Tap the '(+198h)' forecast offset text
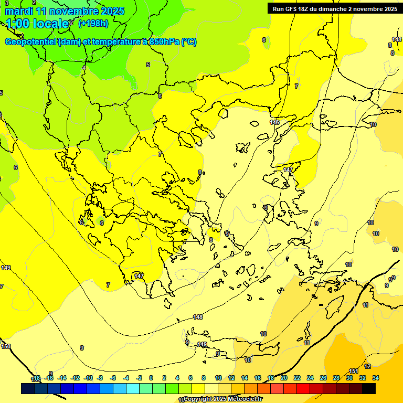coord(93,24)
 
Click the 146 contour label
coord(274,122)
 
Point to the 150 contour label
coord(6,346)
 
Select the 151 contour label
coord(354,372)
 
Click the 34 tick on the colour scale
coord(376,378)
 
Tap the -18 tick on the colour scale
coord(36,378)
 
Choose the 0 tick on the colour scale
coord(151,378)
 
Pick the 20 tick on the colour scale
coord(284,378)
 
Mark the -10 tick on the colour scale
coord(88,378)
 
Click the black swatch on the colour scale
coord(369,389)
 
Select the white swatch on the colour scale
coord(211,389)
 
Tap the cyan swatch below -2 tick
coord(133,389)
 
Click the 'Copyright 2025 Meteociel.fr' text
coord(223,399)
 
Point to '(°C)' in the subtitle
coord(189,42)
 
